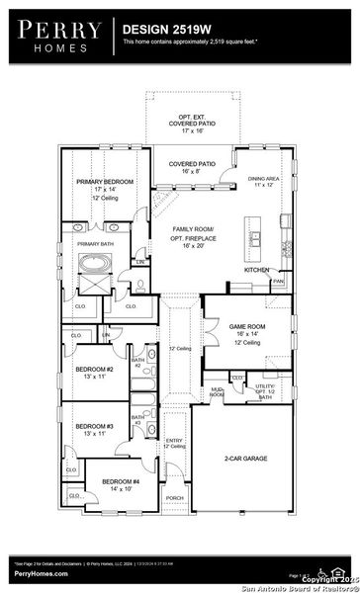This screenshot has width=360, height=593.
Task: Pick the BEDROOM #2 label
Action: [x=96, y=372]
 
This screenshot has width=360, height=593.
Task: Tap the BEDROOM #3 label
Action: [x=96, y=429]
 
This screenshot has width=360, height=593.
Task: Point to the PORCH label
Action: [x=174, y=498]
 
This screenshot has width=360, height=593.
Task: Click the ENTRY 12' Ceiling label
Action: [x=175, y=444]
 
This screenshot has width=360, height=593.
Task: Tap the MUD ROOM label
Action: [x=215, y=393]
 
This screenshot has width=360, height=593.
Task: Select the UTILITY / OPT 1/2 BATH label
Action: [x=264, y=392]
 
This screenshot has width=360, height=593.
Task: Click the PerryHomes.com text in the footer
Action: [x=41, y=573]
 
